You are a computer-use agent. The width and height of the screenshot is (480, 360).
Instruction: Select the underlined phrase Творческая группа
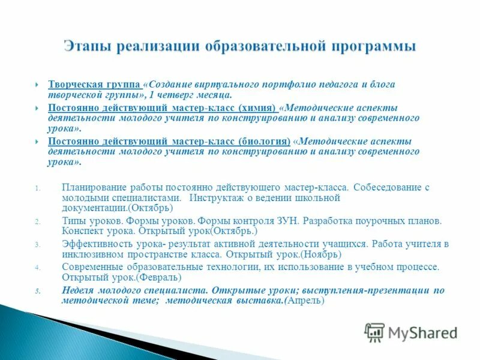[x=95, y=85]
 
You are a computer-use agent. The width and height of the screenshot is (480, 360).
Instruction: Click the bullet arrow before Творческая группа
[x=37, y=85]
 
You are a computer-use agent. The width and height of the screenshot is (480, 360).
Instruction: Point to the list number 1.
[x=37, y=188]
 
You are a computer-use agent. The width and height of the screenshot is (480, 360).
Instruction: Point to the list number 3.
[x=37, y=245]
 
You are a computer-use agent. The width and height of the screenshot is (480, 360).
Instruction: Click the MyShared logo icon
[x=374, y=332]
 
